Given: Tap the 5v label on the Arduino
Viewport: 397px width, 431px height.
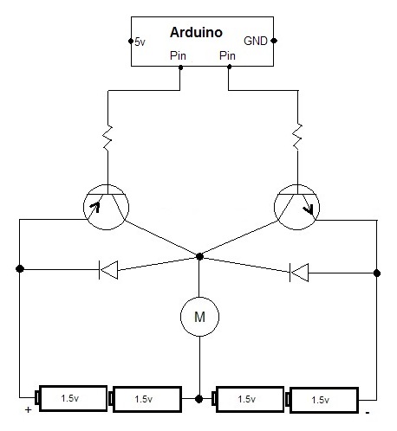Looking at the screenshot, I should [x=142, y=41].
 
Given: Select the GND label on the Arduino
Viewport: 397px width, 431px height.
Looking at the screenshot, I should [x=256, y=40].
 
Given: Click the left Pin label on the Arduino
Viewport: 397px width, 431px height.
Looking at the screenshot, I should [x=180, y=56].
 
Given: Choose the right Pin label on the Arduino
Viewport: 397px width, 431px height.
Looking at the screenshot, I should [x=228, y=56].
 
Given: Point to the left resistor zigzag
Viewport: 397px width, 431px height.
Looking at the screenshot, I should [x=107, y=139].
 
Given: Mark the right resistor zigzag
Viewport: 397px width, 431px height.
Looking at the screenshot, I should [x=297, y=136].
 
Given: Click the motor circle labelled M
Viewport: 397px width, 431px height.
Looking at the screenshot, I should [x=199, y=317].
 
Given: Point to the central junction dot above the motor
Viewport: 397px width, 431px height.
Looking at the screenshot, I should [x=200, y=256].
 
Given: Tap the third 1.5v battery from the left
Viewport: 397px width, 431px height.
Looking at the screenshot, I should [x=247, y=399].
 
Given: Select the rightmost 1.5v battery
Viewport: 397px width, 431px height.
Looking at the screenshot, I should [x=322, y=400].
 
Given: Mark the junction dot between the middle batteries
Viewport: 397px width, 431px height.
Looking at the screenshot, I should [x=200, y=399].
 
